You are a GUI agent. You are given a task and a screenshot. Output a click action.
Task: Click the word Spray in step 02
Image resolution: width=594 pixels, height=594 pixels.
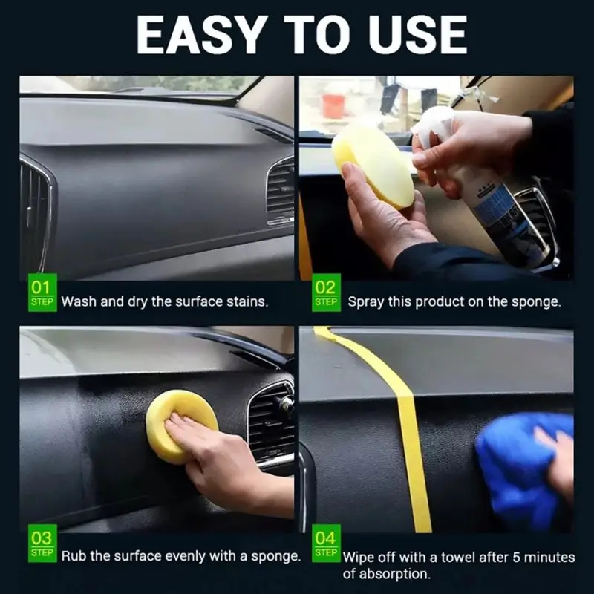point(366,302)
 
